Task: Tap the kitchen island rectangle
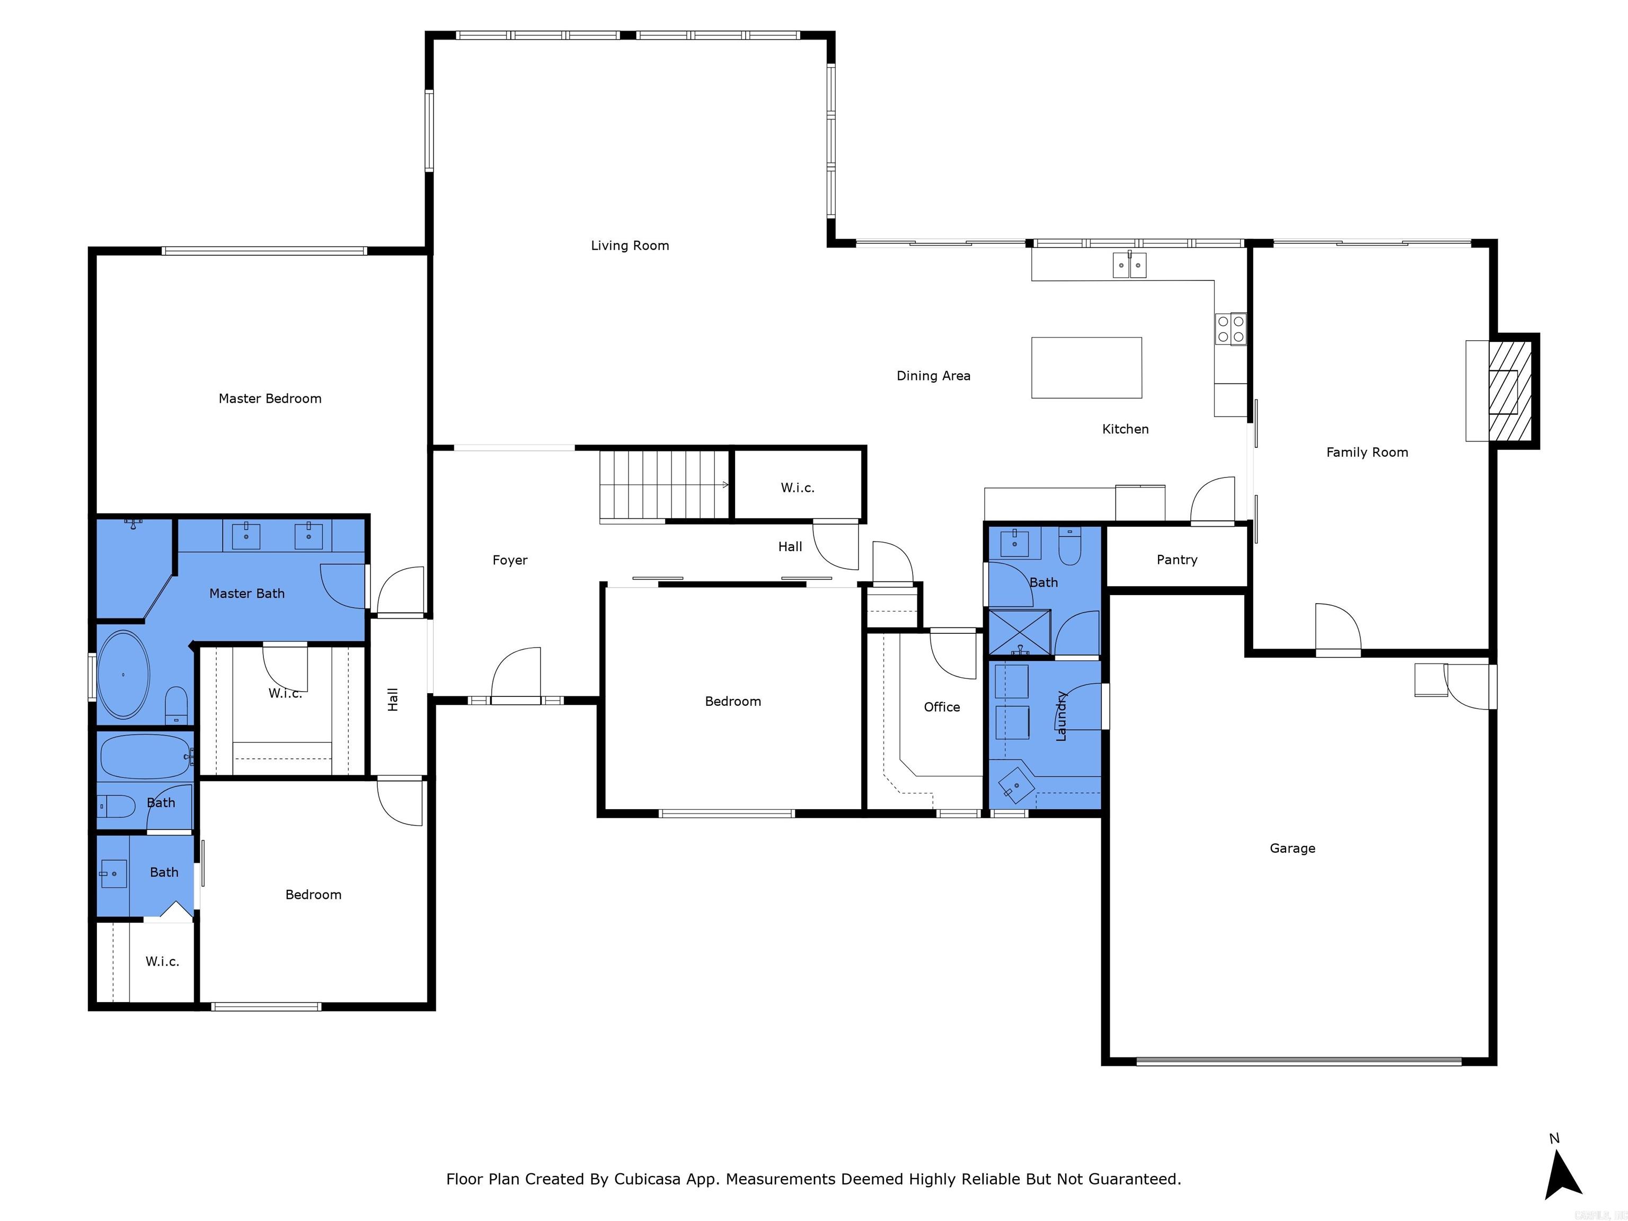[1086, 367]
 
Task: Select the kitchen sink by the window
[1129, 264]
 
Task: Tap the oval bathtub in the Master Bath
[123, 674]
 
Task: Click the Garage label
[1293, 848]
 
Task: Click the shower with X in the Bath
[1019, 632]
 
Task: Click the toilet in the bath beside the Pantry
[1069, 547]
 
